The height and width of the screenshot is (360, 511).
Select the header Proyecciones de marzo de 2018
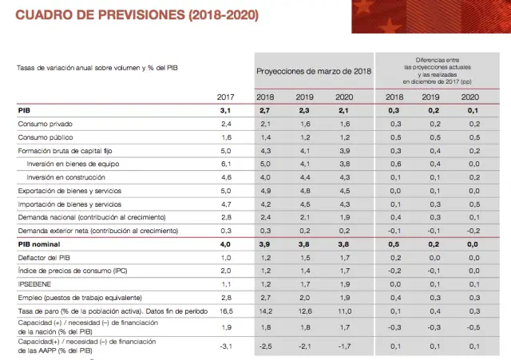pyautogui.click(x=314, y=71)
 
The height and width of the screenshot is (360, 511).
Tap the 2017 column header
pyautogui.click(x=226, y=97)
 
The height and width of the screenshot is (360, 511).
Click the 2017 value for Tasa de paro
pyautogui.click(x=226, y=311)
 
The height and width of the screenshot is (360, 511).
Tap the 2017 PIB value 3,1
pyautogui.click(x=226, y=110)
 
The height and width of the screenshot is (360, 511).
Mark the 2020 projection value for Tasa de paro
pyautogui.click(x=347, y=311)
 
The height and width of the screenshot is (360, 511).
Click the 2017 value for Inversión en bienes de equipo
pyautogui.click(x=226, y=164)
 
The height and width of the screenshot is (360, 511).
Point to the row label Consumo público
pyautogui.click(x=48, y=137)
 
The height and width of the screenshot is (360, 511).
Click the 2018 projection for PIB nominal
pyautogui.click(x=266, y=244)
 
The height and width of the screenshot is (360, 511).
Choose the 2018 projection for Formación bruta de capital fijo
pyautogui.click(x=266, y=151)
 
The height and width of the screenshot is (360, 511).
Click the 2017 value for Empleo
pyautogui.click(x=226, y=297)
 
